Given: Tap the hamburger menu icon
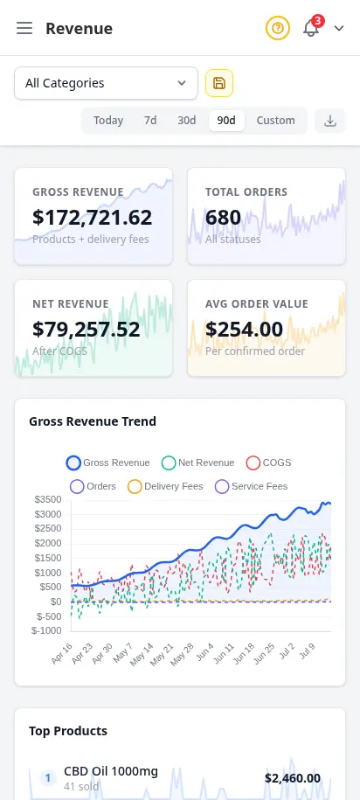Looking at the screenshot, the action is click(x=24, y=28).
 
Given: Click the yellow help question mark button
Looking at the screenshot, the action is click(x=277, y=28).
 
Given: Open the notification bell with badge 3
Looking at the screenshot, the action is click(x=312, y=27).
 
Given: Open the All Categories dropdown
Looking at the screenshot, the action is click(x=106, y=83).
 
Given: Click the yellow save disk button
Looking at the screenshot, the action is click(x=219, y=83).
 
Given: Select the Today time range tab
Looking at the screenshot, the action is click(x=108, y=121).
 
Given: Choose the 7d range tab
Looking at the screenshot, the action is click(x=150, y=121).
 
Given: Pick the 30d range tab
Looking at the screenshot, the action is click(x=187, y=121).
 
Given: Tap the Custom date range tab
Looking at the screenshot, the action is click(x=275, y=121).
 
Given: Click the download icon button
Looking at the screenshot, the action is click(x=330, y=121).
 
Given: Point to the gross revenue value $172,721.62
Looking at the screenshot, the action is click(x=93, y=218).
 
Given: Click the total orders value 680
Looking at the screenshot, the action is click(x=223, y=218).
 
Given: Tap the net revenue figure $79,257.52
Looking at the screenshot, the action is click(x=87, y=329).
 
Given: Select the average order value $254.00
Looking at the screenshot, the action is click(x=245, y=329).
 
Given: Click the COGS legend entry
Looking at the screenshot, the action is click(x=269, y=463).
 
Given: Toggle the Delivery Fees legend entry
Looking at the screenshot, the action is click(x=165, y=486).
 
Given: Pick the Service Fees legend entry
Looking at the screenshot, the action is click(x=252, y=486).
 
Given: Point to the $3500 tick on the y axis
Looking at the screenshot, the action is click(x=47, y=499).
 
